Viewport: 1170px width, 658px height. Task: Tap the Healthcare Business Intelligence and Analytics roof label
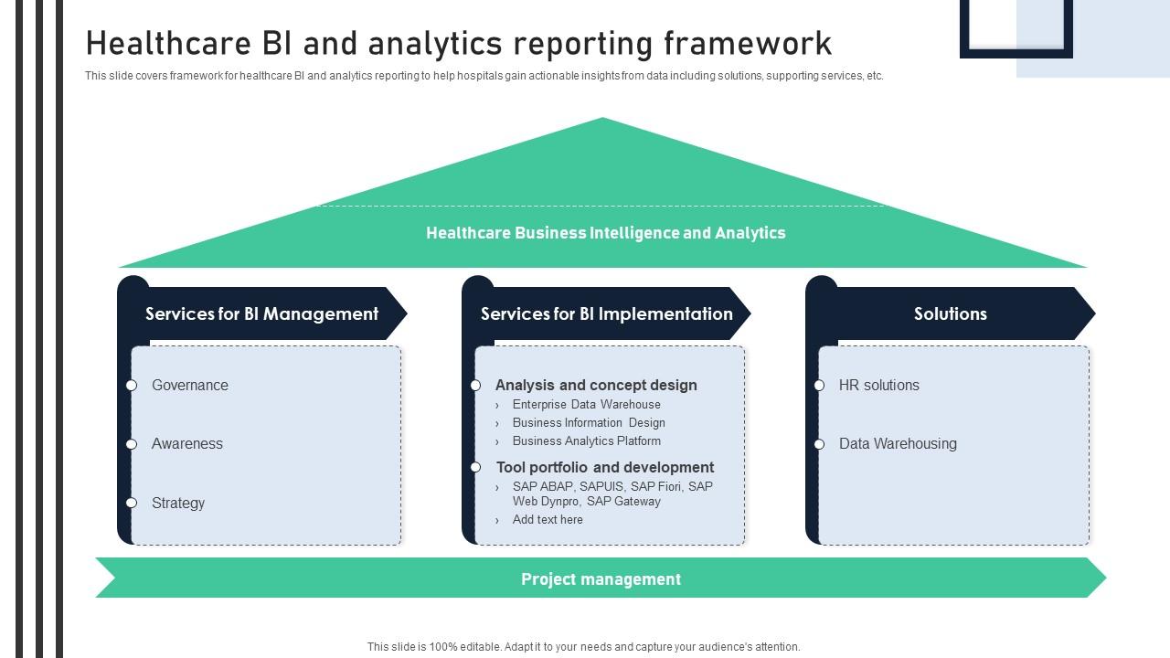point(605,233)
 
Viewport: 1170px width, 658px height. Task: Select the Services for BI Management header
point(261,313)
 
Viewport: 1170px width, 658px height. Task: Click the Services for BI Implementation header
point(606,313)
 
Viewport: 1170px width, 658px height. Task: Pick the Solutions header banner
point(950,313)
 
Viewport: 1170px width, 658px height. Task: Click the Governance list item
point(190,386)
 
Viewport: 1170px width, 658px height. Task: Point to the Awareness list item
point(187,444)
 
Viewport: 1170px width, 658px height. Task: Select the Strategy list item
point(178,504)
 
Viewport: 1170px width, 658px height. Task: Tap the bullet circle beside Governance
point(132,386)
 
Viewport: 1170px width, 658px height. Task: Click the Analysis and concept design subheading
point(596,386)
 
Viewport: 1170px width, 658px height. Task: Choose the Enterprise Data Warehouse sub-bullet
point(586,405)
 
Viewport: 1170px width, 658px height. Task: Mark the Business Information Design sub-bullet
point(589,423)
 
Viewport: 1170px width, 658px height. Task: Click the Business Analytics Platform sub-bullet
point(586,441)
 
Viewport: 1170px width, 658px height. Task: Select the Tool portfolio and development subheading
point(605,467)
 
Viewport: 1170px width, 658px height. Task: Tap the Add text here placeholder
point(548,520)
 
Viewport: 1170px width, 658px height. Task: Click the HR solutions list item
point(879,386)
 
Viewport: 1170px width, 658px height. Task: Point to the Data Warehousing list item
point(898,444)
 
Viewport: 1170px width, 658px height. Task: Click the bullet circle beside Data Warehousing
point(819,444)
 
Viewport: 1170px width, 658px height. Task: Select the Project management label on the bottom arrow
point(601,579)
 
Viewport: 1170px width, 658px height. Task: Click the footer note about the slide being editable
point(583,647)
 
